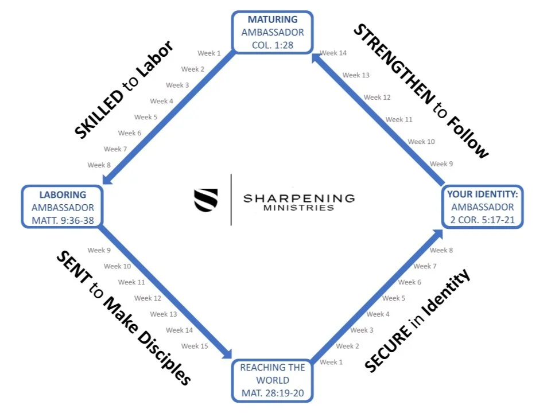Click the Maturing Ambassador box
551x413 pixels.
[x=273, y=32]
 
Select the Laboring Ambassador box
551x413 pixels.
[x=63, y=207]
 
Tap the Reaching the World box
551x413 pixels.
[x=273, y=380]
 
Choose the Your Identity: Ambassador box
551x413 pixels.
[x=482, y=206]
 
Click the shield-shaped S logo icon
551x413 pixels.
[x=206, y=200]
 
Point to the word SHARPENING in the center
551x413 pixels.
[x=298, y=198]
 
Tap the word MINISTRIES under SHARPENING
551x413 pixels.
[x=298, y=208]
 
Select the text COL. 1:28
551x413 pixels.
[x=273, y=43]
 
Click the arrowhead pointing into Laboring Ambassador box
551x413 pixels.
[x=106, y=183]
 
